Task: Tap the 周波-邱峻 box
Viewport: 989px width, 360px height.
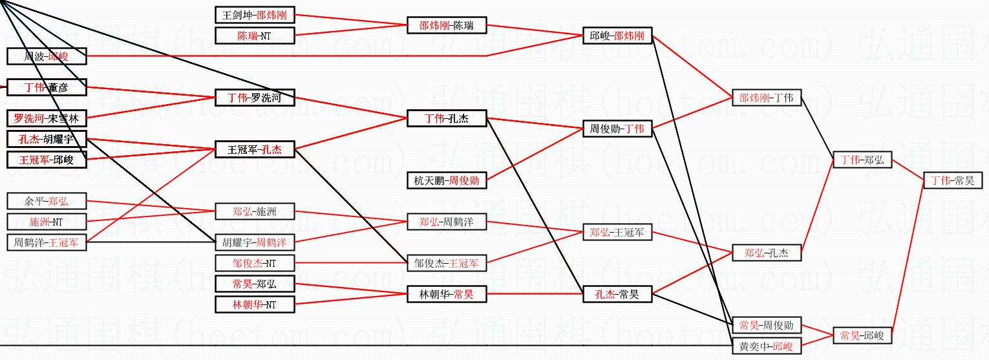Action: (47, 56)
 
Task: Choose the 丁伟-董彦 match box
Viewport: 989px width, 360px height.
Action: (47, 87)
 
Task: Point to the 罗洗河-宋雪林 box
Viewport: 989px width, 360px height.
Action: (47, 118)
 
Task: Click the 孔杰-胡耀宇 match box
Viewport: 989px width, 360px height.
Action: (47, 139)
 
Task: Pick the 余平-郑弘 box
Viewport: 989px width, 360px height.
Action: (47, 201)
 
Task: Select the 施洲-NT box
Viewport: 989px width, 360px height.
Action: (47, 222)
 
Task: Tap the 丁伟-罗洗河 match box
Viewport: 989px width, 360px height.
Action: (254, 98)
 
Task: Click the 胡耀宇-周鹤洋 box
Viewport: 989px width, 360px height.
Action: (254, 242)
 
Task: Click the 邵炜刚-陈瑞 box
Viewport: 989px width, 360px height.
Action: (446, 26)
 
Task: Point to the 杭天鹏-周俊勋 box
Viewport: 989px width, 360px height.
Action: (446, 180)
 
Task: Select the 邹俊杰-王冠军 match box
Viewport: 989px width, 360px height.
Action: (446, 263)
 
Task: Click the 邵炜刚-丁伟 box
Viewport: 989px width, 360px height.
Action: (766, 98)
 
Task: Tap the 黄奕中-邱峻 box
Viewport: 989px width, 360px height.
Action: (766, 346)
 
